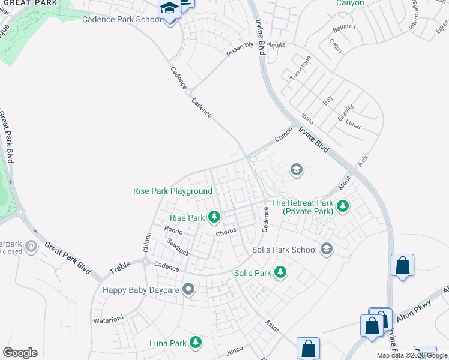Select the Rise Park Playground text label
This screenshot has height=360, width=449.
pos(173,191)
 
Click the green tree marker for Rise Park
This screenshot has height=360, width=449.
pos(213,217)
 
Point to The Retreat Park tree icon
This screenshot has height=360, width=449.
pos(342,207)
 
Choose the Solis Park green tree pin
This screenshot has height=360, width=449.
pos(280,273)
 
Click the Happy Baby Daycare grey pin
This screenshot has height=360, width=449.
pos(189,290)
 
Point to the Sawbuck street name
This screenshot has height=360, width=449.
pos(178,247)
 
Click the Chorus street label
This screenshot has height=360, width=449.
pos(228,232)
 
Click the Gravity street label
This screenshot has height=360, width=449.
pos(346,112)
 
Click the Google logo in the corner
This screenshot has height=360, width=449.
pos(20,353)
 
